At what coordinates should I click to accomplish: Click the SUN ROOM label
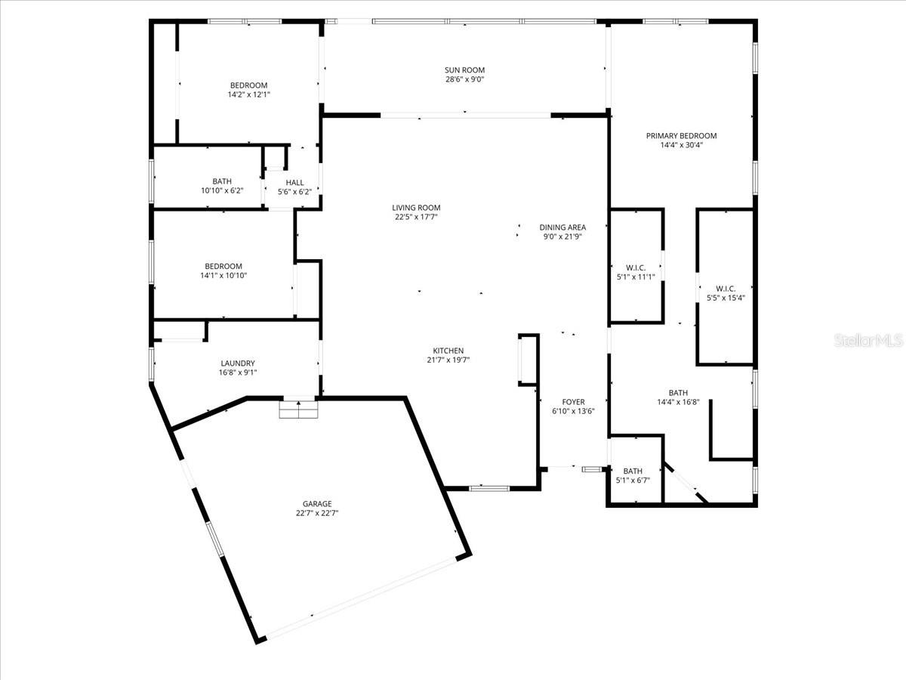pos(464,70)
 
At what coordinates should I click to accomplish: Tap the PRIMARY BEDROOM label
pos(681,136)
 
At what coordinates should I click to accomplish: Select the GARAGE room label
pos(317,504)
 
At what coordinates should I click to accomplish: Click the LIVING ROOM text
pos(416,208)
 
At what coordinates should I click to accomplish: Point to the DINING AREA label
pos(562,227)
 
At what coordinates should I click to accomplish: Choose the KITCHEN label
pos(448,351)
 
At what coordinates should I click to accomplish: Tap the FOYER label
pos(573,402)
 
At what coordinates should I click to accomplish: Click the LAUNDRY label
pos(238,363)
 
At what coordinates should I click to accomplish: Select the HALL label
pos(294,182)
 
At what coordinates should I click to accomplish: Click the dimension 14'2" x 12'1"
pos(248,94)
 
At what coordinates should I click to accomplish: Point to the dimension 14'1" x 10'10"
pos(223,275)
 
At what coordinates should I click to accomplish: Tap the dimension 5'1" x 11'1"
pos(636,277)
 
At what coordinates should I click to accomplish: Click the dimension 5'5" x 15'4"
pos(725,298)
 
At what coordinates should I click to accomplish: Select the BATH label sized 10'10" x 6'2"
pos(222,181)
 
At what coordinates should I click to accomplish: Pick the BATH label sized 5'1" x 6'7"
pos(633,471)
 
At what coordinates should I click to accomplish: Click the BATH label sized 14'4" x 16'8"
pos(678,392)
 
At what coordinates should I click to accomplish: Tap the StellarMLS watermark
pos(867,341)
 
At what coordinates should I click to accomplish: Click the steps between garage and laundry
pos(299,410)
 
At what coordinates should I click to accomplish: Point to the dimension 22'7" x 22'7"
pos(317,513)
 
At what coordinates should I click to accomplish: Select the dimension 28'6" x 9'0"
pos(464,79)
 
